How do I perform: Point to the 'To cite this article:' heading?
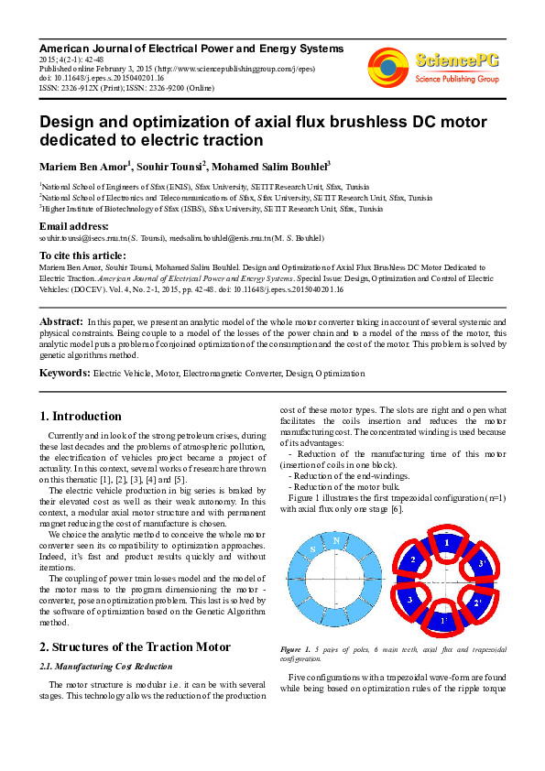82,255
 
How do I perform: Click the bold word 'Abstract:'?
60,322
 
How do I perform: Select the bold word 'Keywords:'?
64,374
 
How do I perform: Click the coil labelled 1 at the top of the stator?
446,543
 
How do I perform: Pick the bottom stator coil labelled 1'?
446,622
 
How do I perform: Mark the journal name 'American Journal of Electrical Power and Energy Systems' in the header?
191,48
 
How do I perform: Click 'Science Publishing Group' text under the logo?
456,80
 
